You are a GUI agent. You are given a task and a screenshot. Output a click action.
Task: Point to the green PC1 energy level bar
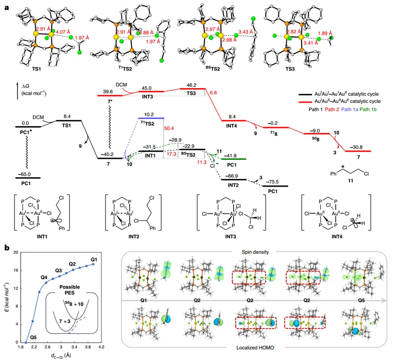tap(234, 159)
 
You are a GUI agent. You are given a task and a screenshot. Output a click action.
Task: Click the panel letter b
tap(6, 248)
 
